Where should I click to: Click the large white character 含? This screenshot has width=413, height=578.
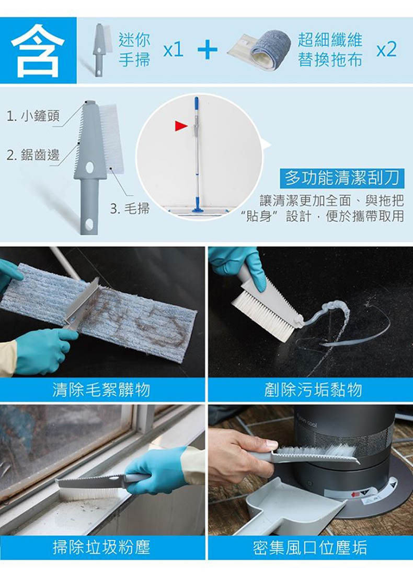point(38,51)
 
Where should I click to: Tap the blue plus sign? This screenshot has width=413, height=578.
point(208,49)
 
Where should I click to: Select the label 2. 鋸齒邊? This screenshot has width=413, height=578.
point(33,155)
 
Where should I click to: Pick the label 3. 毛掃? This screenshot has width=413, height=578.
point(130,209)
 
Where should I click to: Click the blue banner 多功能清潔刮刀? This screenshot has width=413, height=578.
point(342,178)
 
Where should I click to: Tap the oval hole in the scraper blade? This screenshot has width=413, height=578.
point(90,168)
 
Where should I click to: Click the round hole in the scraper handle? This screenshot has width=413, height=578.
point(89,224)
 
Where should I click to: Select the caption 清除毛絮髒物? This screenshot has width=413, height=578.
point(101,390)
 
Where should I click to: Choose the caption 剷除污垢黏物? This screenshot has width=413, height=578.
point(313,390)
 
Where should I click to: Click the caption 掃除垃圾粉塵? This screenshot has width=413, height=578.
point(101,547)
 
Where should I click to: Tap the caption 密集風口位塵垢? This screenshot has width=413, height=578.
point(310,547)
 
